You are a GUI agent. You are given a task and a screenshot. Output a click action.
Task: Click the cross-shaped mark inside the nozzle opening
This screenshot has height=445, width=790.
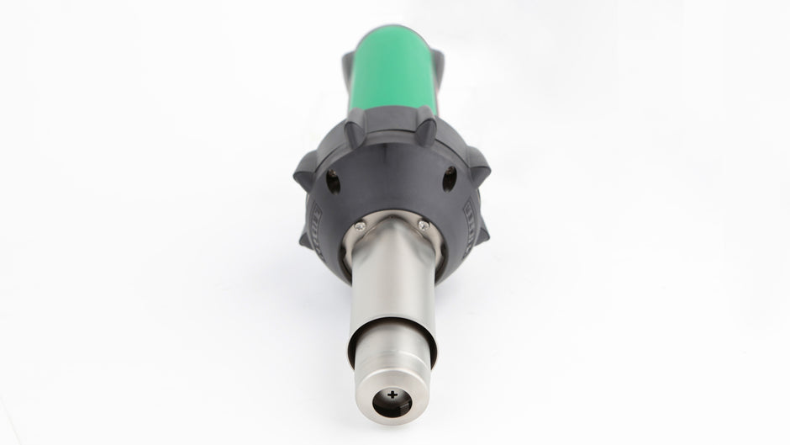pos(392,395)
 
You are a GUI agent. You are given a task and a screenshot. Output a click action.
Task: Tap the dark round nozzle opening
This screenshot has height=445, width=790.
pos(392,400)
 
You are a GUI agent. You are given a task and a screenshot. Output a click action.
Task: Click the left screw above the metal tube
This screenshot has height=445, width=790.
pos(360,225)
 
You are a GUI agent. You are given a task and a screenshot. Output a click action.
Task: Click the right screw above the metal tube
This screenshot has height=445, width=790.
pos(423,225)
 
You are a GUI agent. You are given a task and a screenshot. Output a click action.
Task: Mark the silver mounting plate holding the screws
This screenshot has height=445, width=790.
pos(392,227)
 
